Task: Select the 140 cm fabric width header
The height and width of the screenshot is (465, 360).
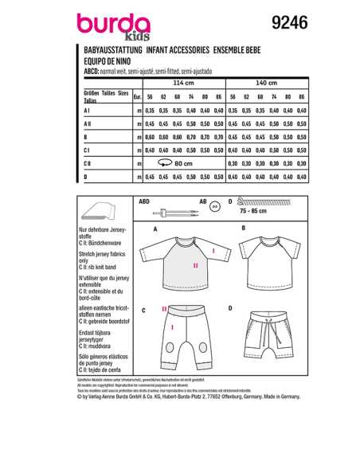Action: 268,83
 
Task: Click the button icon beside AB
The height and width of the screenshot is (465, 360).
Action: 213,205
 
